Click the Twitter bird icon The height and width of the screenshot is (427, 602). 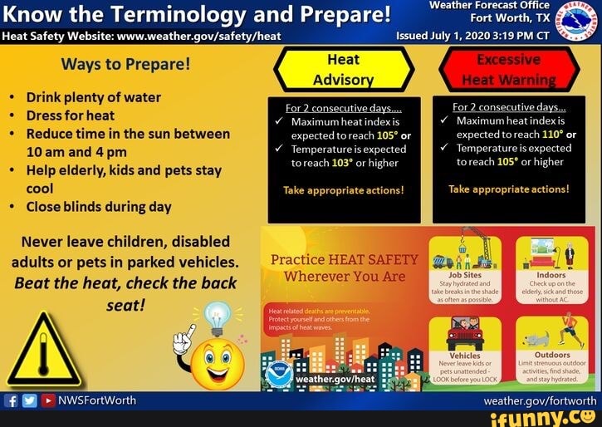click(28, 401)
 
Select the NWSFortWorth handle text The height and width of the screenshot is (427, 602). click(96, 401)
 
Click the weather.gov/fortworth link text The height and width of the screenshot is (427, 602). click(541, 400)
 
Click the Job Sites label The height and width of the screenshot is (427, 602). click(464, 274)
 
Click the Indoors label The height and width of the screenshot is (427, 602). click(552, 274)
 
